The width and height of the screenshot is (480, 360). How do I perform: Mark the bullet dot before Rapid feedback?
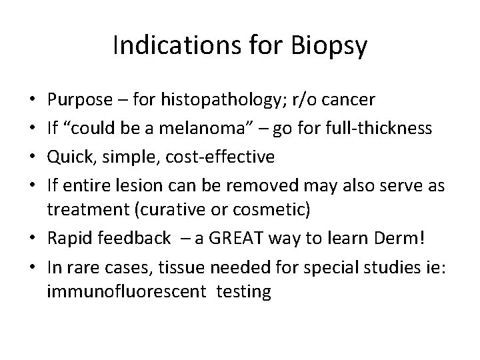pos(33,237)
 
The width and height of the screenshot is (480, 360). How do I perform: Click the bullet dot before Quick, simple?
pos(33,157)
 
